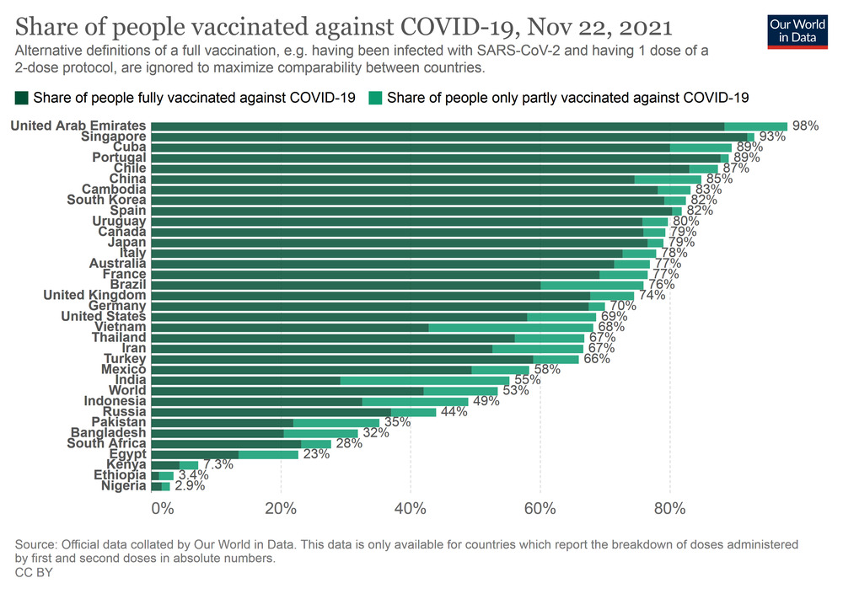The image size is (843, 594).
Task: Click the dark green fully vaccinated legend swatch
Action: [22, 98]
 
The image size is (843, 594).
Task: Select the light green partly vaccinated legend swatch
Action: [376, 98]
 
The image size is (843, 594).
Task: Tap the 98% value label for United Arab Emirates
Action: [805, 126]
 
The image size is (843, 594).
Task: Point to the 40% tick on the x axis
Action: [410, 508]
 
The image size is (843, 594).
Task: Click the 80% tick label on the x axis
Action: [669, 508]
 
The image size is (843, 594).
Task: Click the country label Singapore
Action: [114, 136]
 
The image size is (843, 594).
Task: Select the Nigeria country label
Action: [123, 486]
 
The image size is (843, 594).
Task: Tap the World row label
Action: [128, 391]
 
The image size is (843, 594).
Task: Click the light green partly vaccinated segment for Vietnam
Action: [511, 327]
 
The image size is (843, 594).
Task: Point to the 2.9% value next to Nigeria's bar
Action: [190, 486]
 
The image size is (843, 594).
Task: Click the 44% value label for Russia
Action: [454, 412]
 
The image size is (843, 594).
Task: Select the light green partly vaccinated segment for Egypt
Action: [268, 454]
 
